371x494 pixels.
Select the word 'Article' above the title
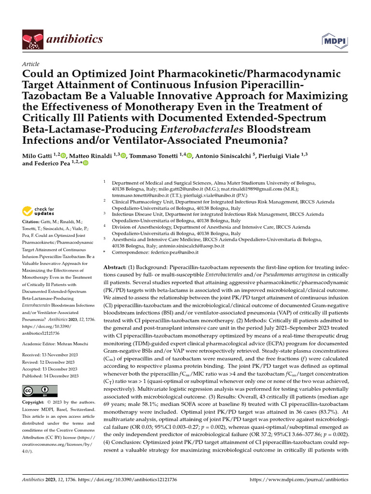tap(31, 64)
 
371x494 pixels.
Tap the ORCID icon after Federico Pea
tap(86, 164)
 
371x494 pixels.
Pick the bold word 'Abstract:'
tap(114, 267)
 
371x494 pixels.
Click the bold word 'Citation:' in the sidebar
tap(32, 221)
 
